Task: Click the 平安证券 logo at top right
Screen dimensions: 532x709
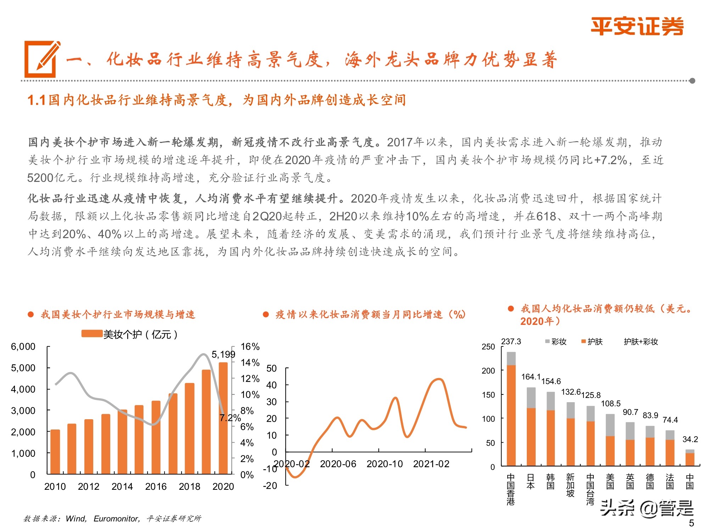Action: pos(637,26)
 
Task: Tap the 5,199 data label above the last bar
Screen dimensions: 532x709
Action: pos(223,354)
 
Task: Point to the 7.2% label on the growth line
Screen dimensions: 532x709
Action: pos(230,418)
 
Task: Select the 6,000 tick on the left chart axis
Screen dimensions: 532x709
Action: pos(23,347)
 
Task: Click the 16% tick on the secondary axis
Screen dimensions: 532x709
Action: pos(250,347)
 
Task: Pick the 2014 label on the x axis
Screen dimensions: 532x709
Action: pos(122,486)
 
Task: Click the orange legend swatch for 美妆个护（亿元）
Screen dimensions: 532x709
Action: pos(92,334)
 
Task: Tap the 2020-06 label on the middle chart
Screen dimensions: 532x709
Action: pos(338,464)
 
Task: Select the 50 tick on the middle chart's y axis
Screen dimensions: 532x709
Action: pos(271,368)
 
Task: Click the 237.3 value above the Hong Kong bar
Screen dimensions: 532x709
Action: pos(511,342)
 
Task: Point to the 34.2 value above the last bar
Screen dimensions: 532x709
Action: pos(690,439)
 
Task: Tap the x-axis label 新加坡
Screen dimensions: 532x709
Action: pos(570,485)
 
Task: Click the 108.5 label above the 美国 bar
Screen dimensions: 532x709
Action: pos(610,404)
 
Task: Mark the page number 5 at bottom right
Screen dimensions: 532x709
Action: pos(691,523)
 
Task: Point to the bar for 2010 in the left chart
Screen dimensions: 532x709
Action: pos(55,451)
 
